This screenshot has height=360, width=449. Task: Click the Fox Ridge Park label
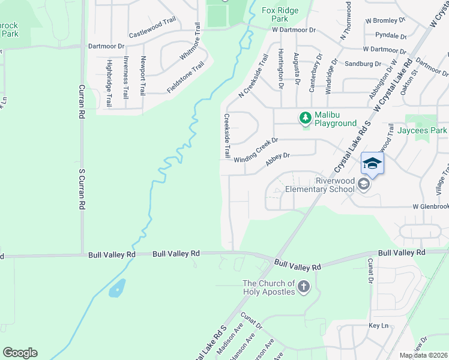280,14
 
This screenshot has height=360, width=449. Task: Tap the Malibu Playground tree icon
306,118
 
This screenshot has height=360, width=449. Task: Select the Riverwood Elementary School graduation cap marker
372,163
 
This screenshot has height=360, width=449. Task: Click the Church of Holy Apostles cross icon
304,287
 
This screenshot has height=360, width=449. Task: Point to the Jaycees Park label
426,130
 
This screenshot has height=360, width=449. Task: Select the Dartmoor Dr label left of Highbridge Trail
106,46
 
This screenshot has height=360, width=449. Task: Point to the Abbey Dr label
277,159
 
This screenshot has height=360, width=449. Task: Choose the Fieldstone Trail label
185,77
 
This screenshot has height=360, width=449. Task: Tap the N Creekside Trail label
253,76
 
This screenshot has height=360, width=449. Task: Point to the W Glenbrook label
430,206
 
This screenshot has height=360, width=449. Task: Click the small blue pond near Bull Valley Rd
117,289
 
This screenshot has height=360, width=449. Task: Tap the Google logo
20,353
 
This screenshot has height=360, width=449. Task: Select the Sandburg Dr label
363,64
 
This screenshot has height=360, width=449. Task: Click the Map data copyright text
423,355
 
